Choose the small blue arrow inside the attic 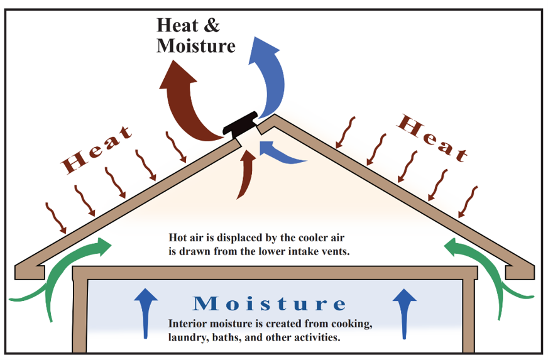pos(280,153)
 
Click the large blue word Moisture pos(270,303)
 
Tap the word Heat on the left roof pos(96,150)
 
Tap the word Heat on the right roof pos(432,138)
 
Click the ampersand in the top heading pos(211,25)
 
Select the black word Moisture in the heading pos(195,46)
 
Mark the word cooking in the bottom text pos(351,324)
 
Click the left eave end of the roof pos(30,272)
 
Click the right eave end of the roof pos(520,272)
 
